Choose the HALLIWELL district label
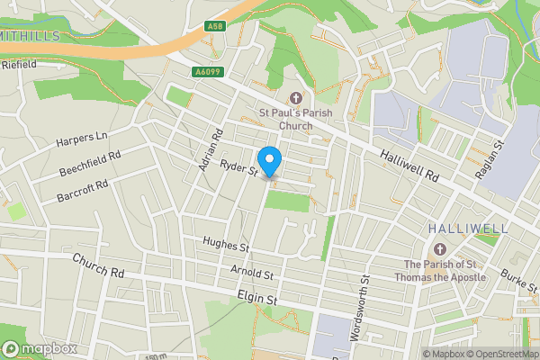468,229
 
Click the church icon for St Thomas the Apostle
440,248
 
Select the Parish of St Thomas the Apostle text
440,270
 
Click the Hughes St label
226,245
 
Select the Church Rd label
98,265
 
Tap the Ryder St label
240,166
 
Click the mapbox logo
38,348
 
